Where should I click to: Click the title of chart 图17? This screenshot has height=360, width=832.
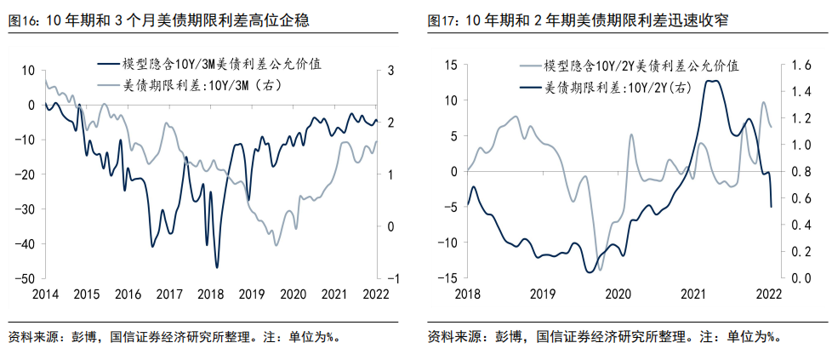tap(583, 19)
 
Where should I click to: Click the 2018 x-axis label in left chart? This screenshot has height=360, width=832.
tap(210, 294)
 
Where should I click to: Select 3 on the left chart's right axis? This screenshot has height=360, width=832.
tap(391, 71)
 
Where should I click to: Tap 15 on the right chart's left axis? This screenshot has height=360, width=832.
tap(451, 66)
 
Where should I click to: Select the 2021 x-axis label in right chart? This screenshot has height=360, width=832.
tap(693, 294)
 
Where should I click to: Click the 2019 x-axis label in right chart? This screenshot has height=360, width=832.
tap(542, 294)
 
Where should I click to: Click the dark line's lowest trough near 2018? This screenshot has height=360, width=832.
tap(217, 267)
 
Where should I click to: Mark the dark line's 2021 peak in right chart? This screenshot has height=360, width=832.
tap(713, 81)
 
